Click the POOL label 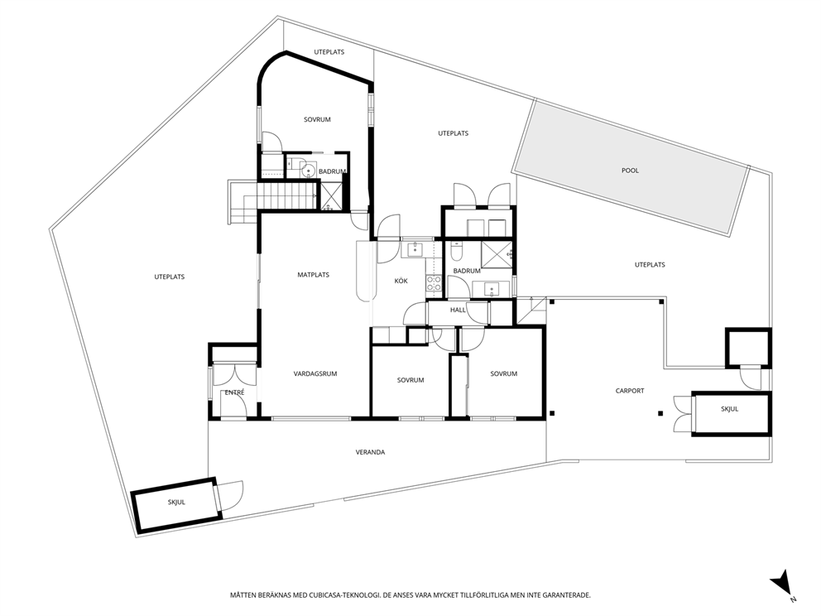(630, 171)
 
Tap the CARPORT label (629, 391)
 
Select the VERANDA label (370, 452)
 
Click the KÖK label (401, 282)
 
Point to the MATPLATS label (313, 275)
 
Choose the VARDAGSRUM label (315, 374)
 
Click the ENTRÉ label (234, 392)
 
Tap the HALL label (458, 310)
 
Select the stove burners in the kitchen (434, 283)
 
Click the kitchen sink (415, 248)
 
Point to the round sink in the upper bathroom (308, 171)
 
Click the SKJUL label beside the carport (729, 409)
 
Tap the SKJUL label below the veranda (176, 503)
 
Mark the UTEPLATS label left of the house (169, 277)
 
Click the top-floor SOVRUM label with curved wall (317, 119)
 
